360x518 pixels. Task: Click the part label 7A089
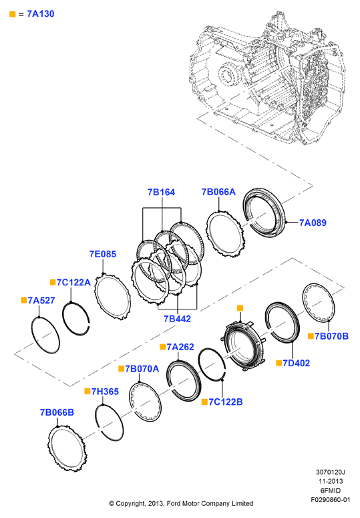point(313,223)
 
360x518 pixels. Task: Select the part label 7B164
point(161,192)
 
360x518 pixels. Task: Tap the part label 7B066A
point(218,192)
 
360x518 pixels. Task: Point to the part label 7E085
point(103,254)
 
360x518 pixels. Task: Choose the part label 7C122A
point(73,283)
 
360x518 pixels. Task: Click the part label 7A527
point(41,300)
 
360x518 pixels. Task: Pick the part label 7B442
point(177,319)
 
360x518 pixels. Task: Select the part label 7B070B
point(331,336)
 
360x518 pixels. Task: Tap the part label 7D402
point(297,364)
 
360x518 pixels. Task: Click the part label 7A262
point(180,347)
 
